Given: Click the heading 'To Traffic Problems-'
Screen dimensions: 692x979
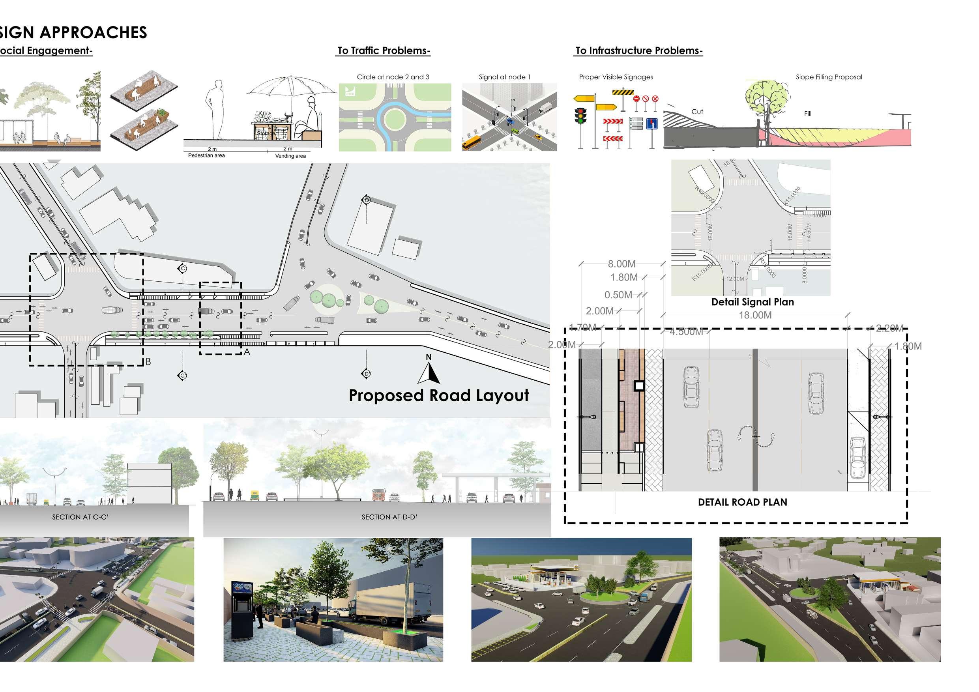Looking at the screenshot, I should tap(384, 51).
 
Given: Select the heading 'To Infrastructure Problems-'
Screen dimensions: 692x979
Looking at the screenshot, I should tap(639, 51).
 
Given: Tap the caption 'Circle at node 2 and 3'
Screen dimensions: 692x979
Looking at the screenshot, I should tap(393, 77).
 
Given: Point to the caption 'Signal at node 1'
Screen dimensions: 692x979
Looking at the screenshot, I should tap(504, 77).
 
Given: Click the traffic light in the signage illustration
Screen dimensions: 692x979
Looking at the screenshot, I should tap(580, 116).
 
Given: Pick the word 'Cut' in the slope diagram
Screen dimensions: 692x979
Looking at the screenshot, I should tap(697, 112).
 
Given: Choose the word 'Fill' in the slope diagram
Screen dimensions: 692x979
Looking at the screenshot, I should tap(808, 113).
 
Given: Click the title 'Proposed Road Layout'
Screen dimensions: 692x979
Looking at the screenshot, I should tap(439, 396).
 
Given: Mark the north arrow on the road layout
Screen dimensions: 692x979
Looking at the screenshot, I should tap(429, 370).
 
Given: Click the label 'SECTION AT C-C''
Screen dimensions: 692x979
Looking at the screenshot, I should tap(80, 517).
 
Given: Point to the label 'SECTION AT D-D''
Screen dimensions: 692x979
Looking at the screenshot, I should tap(389, 517).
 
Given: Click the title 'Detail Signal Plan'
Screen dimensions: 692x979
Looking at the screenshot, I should tap(753, 302).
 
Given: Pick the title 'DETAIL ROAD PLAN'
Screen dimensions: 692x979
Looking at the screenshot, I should tap(742, 502).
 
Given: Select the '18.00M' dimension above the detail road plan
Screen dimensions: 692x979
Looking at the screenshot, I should tap(755, 315).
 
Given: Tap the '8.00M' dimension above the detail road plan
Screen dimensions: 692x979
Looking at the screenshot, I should tap(621, 264).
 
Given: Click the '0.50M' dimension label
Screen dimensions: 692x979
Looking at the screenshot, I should tap(618, 295).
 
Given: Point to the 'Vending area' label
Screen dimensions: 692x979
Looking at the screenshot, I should tap(290, 156).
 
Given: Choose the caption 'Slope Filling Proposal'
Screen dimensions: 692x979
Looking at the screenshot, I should tap(829, 77).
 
